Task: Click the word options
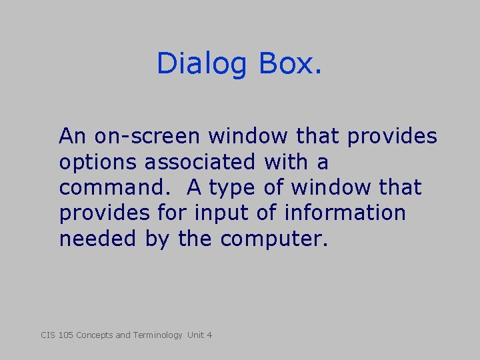[x=99, y=163]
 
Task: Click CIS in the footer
[x=48, y=335]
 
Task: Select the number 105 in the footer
[x=66, y=335]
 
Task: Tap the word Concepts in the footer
[x=95, y=335]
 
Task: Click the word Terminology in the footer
[x=157, y=335]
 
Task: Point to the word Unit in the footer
[x=195, y=335]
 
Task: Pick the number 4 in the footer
[x=209, y=335]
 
